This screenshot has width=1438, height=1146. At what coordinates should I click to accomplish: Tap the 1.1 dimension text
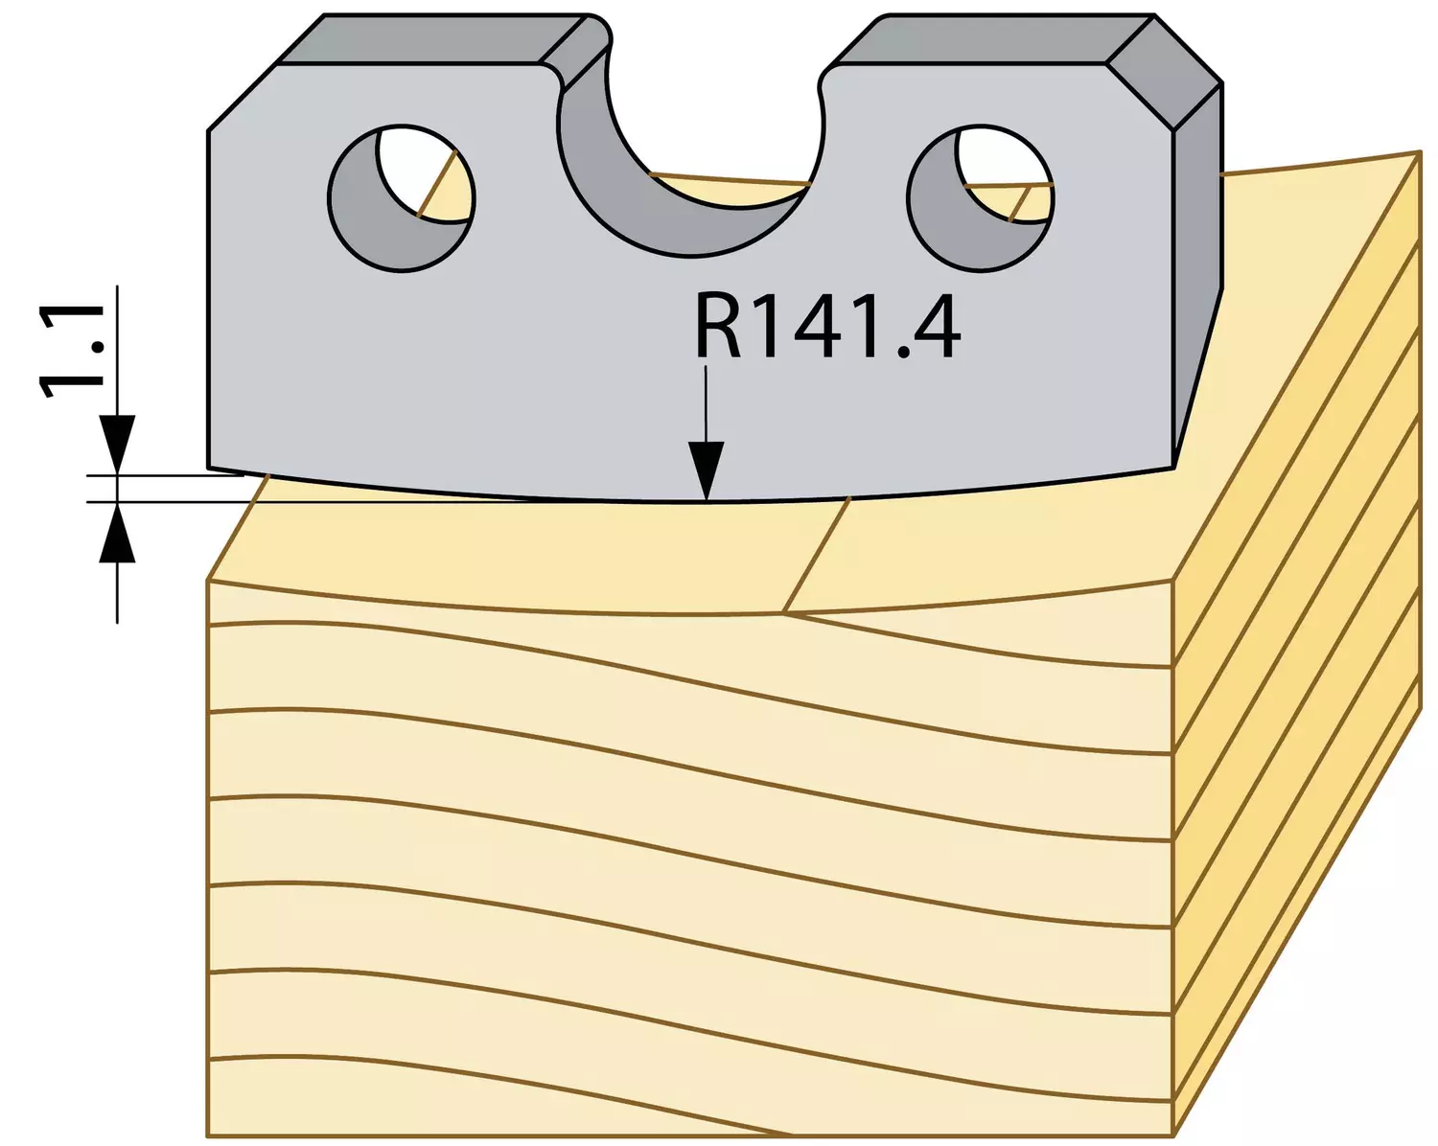[x=72, y=350]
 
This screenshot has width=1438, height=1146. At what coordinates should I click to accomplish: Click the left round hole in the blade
[x=401, y=197]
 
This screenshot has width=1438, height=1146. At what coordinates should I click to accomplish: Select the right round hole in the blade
[x=981, y=197]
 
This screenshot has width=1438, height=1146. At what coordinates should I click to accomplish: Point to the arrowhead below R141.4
[x=707, y=470]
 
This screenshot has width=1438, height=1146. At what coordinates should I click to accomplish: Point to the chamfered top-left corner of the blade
[x=242, y=98]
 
